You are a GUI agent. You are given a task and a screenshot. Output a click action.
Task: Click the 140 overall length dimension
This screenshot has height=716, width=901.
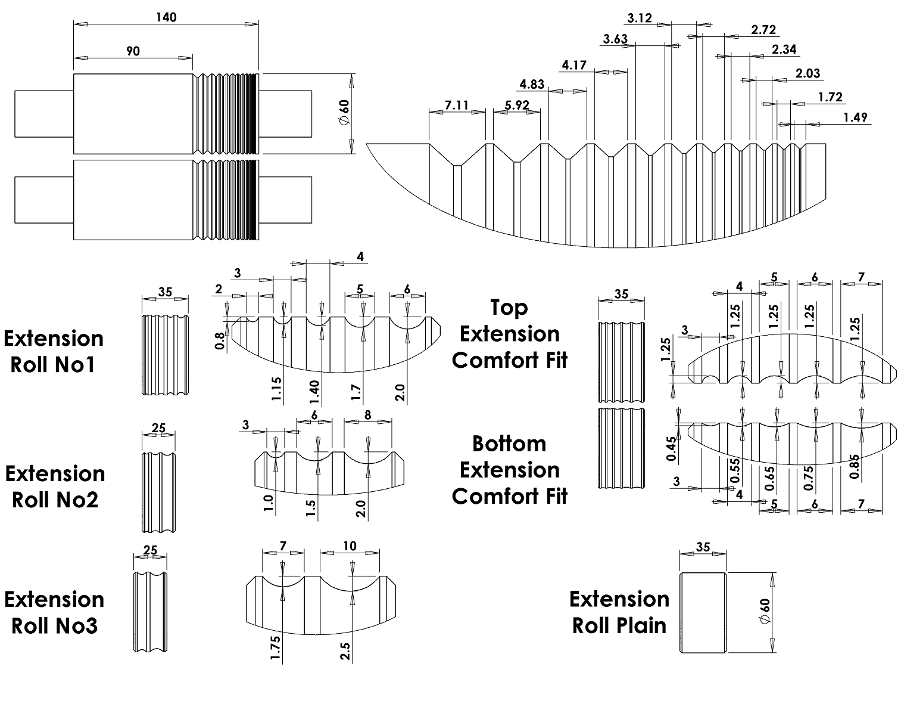pyautogui.click(x=166, y=17)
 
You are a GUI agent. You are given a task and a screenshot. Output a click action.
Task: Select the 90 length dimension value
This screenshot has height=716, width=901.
pyautogui.click(x=133, y=51)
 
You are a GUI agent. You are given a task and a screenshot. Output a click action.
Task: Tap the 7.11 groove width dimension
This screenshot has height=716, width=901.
pyautogui.click(x=457, y=106)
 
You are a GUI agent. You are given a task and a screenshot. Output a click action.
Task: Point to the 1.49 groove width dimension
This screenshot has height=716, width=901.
pyautogui.click(x=855, y=117)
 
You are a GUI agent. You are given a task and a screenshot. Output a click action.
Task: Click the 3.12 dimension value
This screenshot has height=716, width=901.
pyautogui.click(x=640, y=18)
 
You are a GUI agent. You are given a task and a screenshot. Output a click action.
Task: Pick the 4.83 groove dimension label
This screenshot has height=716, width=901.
pyautogui.click(x=532, y=84)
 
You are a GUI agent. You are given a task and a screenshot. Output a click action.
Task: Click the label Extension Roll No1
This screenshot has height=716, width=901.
pyautogui.click(x=54, y=351)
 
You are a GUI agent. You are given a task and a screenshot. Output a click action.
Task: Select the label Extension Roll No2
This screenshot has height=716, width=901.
pyautogui.click(x=55, y=486)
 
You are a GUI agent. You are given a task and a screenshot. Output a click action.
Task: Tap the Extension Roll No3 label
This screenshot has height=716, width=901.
pyautogui.click(x=54, y=612)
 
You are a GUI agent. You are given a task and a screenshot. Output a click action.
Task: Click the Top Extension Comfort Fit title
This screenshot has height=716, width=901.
pyautogui.click(x=509, y=334)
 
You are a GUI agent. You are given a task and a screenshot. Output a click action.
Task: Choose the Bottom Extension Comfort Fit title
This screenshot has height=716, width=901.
pyautogui.click(x=509, y=470)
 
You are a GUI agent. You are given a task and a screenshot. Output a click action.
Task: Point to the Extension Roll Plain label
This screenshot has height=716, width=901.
pyautogui.click(x=619, y=612)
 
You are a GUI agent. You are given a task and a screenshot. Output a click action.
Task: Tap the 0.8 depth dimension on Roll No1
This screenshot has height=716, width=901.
pyautogui.click(x=220, y=340)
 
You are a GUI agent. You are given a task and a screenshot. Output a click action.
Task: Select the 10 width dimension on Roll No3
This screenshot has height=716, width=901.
pyautogui.click(x=350, y=547)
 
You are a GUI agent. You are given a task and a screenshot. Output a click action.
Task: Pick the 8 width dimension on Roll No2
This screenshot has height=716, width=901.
pyautogui.click(x=367, y=415)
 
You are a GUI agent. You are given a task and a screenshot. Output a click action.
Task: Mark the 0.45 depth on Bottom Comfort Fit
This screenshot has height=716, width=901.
pyautogui.click(x=671, y=449)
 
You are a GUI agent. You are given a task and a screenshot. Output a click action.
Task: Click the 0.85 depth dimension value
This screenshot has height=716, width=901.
pyautogui.click(x=855, y=467)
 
